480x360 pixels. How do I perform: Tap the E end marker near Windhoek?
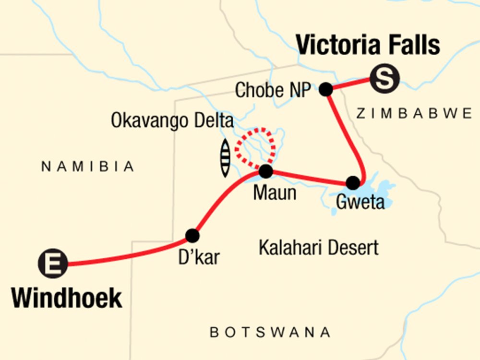click(53, 264)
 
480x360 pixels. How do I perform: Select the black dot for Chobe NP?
click(326, 89)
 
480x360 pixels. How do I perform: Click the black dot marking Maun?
click(265, 171)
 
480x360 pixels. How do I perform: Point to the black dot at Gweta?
click(353, 183)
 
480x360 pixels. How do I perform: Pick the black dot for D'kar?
click(192, 236)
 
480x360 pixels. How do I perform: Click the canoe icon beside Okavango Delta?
click(225, 158)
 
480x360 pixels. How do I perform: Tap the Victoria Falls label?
click(368, 46)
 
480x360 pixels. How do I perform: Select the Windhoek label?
click(67, 298)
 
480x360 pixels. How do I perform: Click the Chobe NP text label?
click(273, 90)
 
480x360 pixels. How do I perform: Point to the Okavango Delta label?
click(172, 120)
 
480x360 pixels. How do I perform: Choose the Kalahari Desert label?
click(318, 248)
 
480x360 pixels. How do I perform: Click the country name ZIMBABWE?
click(414, 113)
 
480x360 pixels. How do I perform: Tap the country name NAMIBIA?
click(87, 167)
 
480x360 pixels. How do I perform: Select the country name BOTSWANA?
click(270, 332)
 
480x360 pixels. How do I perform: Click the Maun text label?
click(275, 193)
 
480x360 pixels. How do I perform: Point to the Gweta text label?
click(360, 202)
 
